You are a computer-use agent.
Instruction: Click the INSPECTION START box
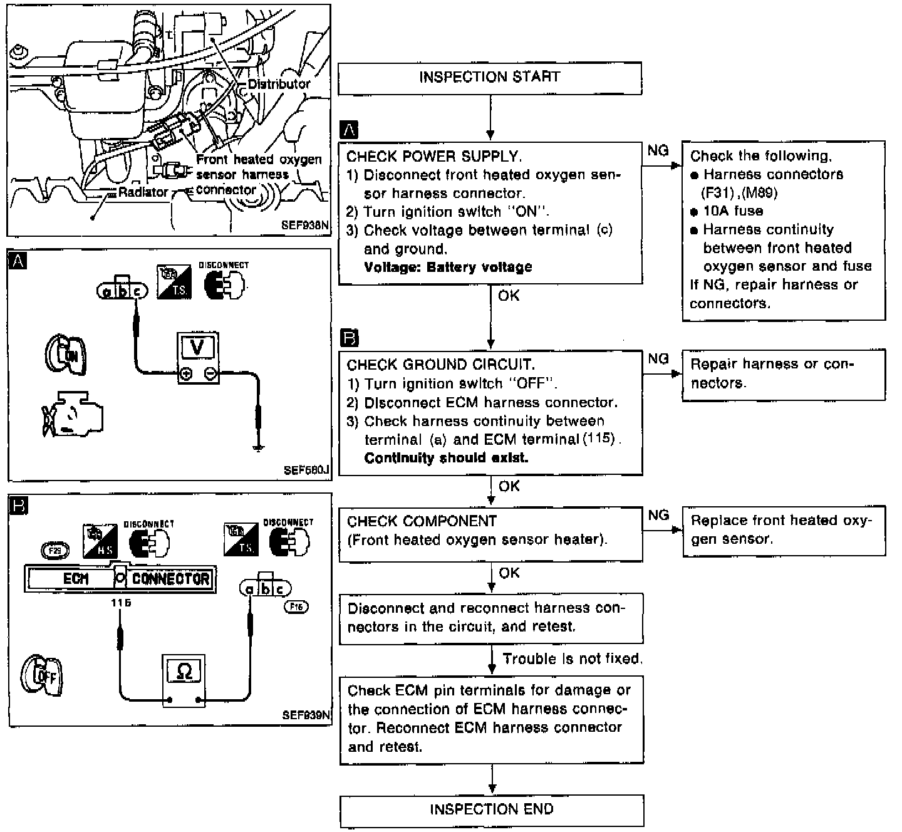[490, 78]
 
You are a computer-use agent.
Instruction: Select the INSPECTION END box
[492, 810]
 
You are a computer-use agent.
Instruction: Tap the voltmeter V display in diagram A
[197, 347]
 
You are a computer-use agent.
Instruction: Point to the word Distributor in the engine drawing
[279, 84]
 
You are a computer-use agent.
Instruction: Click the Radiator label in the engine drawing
[143, 192]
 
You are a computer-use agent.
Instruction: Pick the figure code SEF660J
[306, 470]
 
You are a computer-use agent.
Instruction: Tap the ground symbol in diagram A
[257, 447]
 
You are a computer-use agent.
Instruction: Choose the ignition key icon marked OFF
[41, 676]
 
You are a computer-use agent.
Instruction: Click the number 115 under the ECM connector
[120, 603]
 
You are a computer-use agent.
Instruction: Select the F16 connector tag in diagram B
[296, 606]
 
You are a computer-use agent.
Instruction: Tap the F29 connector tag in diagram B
[54, 551]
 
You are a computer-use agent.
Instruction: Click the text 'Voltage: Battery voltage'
[448, 268]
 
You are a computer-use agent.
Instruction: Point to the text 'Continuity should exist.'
[446, 458]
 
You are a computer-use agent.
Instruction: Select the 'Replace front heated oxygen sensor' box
[783, 530]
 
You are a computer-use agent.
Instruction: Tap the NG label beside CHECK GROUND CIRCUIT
[658, 359]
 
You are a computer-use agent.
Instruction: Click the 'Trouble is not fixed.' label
[573, 659]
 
